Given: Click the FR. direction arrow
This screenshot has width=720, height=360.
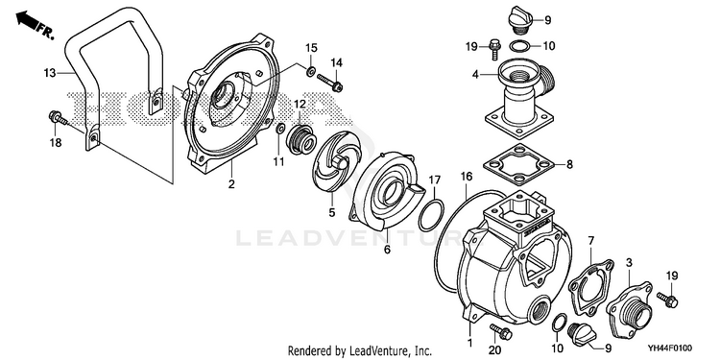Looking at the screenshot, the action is (28, 21).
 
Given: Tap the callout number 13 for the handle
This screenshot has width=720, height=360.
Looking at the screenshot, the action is (50, 73).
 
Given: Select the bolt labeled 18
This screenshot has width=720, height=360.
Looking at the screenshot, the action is (58, 118).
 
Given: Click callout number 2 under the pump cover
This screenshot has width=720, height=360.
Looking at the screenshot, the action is (231, 184).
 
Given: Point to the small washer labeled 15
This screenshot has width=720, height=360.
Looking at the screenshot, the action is (311, 71).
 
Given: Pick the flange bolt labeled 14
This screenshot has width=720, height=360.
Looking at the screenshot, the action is (329, 83).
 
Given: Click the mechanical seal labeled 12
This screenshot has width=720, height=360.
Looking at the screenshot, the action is (300, 137).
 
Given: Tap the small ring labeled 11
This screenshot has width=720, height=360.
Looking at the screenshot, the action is (279, 130).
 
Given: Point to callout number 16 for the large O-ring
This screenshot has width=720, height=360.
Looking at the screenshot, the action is (467, 176).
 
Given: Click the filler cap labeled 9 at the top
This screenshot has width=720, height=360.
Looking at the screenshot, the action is (519, 21).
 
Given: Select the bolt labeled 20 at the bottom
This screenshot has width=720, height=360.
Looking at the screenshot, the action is (501, 331).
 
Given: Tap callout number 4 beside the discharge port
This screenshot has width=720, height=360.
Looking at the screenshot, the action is (476, 73).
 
